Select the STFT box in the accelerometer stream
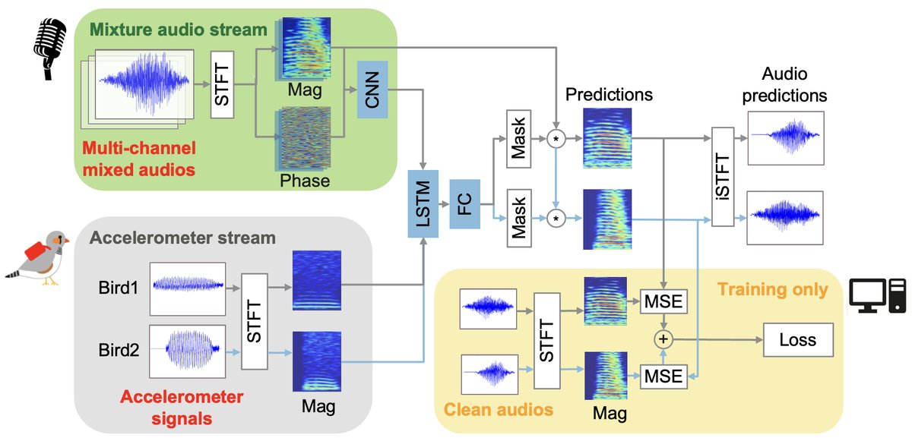pyautogui.click(x=255, y=323)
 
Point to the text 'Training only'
pyautogui.click(x=774, y=289)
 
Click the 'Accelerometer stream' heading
pyautogui.click(x=182, y=238)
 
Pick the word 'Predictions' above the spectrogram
pyautogui.click(x=610, y=96)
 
